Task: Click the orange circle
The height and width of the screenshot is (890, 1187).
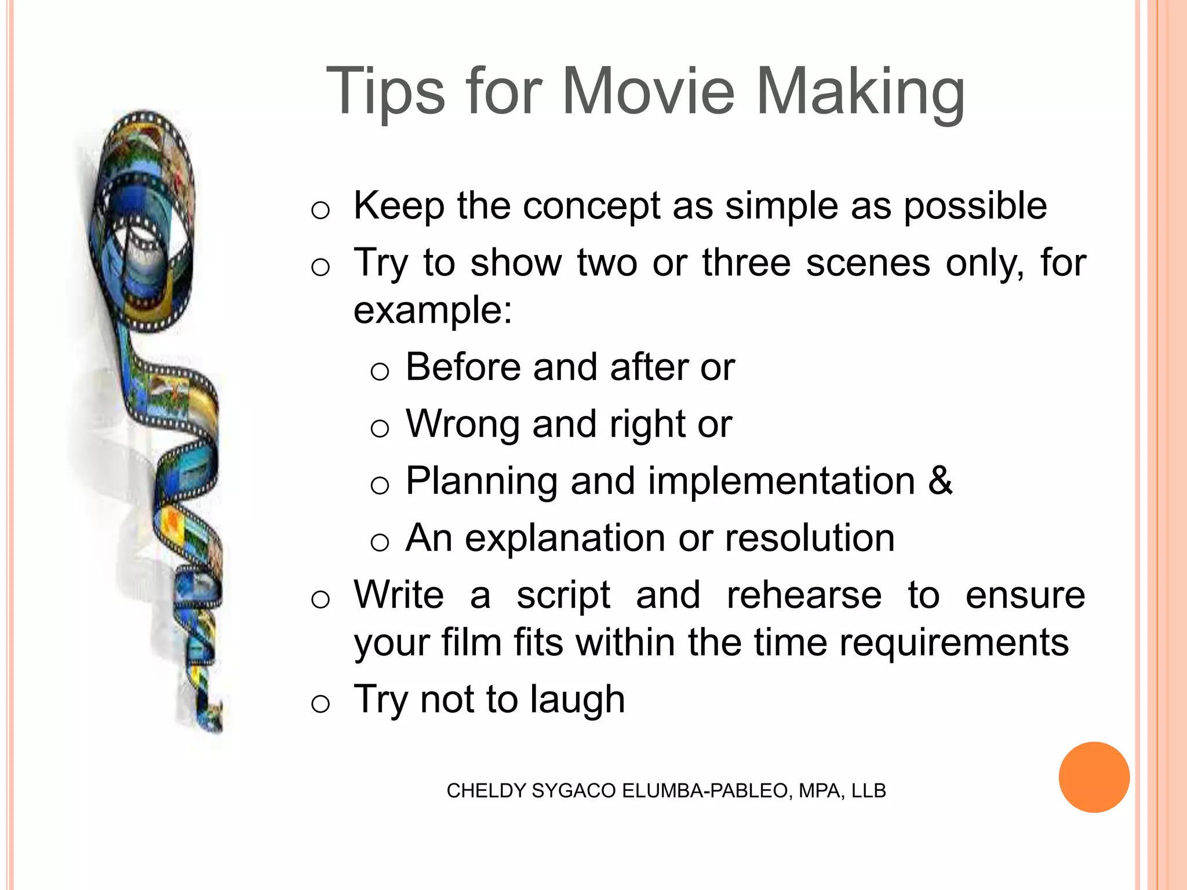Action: coord(1094,777)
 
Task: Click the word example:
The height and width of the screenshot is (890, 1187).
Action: coord(433,312)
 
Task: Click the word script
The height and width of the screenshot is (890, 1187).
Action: coord(563,597)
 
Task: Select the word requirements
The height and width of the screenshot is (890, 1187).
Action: coord(953,644)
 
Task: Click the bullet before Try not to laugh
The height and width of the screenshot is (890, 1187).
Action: coord(321,704)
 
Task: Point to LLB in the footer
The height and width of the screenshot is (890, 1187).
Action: coord(868,791)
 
